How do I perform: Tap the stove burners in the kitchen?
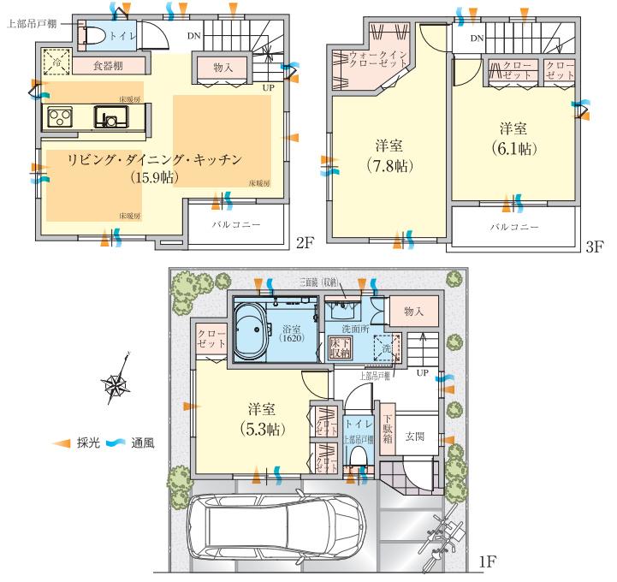point(59,116)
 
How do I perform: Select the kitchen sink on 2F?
point(110,116)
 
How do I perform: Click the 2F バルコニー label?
point(235,224)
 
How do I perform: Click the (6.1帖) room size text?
point(513,148)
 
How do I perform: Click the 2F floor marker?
point(306,244)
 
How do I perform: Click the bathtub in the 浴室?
point(254,330)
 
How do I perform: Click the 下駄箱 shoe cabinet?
point(387,428)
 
